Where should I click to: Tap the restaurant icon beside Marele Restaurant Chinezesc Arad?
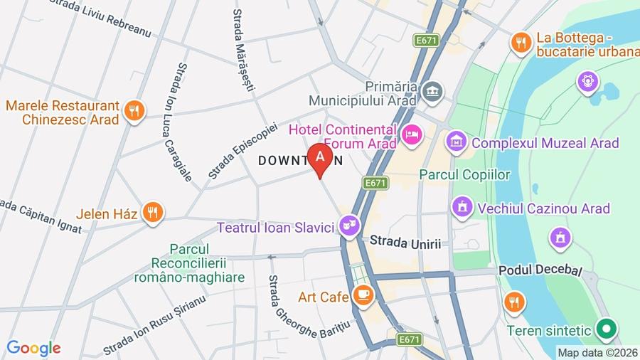pos(134,110)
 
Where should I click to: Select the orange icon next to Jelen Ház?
pos(152,211)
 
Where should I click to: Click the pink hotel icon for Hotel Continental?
pos(411,134)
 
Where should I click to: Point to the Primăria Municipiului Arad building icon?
pos(432,91)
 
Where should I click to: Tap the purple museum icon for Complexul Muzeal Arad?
pos(456,142)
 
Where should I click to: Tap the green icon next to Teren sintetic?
pos(606,329)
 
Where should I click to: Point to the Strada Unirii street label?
pos(405,243)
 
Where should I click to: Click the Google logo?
pos(33,348)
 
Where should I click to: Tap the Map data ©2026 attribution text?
pos(596,352)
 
